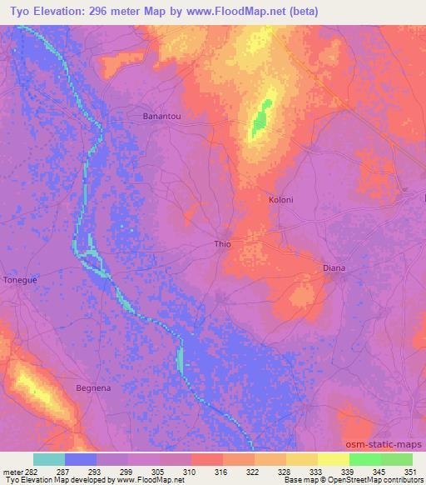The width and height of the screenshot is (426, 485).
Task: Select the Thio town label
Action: (222, 244)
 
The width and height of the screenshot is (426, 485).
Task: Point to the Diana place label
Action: (334, 268)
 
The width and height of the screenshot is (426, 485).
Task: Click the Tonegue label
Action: (21, 281)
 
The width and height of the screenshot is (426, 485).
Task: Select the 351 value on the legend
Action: (408, 472)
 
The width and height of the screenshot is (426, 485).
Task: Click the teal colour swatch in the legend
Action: (49, 459)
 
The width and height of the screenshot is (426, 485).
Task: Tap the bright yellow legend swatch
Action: (333, 459)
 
